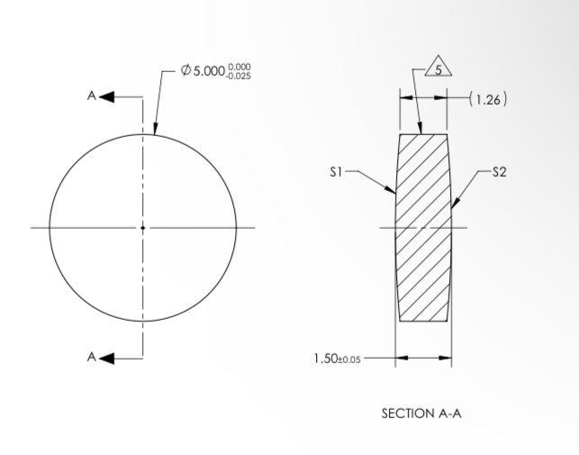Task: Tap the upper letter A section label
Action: pyautogui.click(x=91, y=96)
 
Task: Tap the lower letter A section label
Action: pyautogui.click(x=91, y=358)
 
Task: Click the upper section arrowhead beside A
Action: pyautogui.click(x=106, y=96)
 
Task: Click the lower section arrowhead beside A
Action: pyautogui.click(x=106, y=358)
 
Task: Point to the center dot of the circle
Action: pyautogui.click(x=142, y=228)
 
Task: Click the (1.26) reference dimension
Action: pyautogui.click(x=489, y=99)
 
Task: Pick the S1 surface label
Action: pyautogui.click(x=335, y=171)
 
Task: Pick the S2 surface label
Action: pyautogui.click(x=500, y=171)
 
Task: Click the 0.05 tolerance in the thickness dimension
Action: pyautogui.click(x=352, y=359)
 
